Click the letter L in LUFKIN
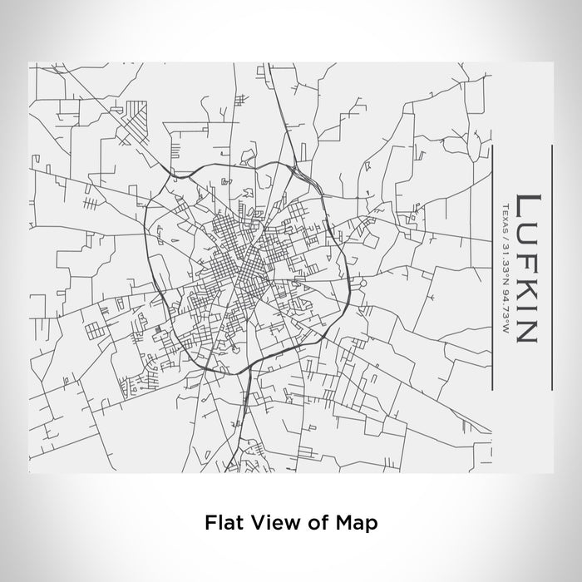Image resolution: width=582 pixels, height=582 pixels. coord(525,204)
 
